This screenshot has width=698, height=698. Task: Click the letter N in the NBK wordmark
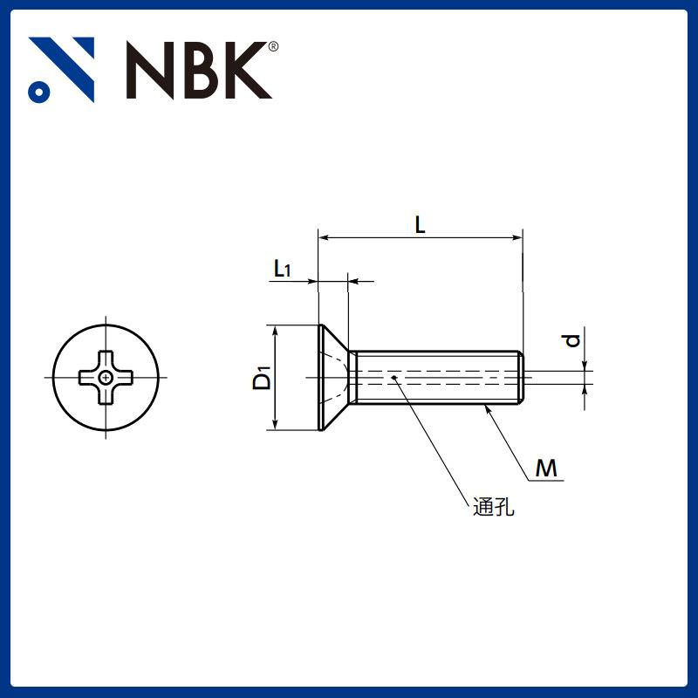point(150,70)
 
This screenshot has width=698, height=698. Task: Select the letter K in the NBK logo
point(248,70)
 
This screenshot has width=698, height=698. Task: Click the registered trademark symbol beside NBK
point(274,47)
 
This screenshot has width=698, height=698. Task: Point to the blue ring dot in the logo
point(39,92)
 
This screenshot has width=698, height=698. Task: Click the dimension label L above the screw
point(420,225)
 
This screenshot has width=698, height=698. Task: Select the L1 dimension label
point(282,269)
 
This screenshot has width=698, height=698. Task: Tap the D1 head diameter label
point(262,378)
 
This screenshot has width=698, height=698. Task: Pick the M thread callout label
point(546,469)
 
